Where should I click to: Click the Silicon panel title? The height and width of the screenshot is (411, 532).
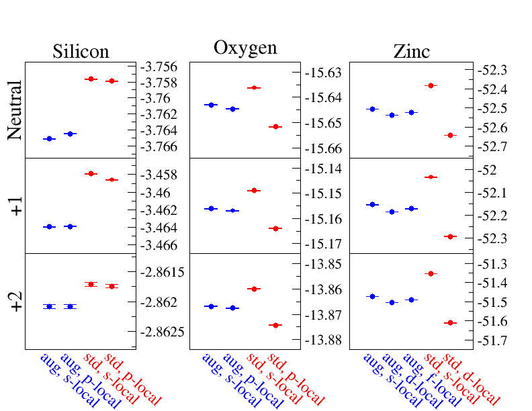[81, 52]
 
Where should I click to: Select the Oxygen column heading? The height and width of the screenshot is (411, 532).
[245, 48]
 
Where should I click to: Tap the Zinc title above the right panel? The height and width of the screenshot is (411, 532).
[412, 52]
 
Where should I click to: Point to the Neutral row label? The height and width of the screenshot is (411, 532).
[15, 110]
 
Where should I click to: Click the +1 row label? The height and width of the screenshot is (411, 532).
[16, 206]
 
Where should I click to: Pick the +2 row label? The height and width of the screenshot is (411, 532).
[16, 301]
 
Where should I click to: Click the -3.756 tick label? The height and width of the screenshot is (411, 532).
[159, 66]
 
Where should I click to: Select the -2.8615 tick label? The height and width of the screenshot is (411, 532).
[163, 272]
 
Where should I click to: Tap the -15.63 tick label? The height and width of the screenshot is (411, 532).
[323, 73]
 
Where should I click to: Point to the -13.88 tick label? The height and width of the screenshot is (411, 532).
[323, 340]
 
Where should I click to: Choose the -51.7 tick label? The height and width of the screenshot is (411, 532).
[492, 340]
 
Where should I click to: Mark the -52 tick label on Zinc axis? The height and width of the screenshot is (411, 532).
[487, 170]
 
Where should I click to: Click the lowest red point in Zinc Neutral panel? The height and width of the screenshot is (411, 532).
[451, 135]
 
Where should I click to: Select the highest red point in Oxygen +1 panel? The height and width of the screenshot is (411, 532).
[254, 191]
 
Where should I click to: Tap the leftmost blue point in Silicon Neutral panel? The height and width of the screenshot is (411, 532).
[50, 139]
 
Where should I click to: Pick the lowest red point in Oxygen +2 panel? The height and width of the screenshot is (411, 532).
[275, 326]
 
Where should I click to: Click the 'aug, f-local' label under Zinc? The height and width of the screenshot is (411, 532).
[433, 380]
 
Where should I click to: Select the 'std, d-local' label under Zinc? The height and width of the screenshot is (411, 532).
[472, 379]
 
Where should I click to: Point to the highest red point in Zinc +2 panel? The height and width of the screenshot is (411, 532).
[431, 273]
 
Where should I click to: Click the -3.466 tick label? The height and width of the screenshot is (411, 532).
[159, 245]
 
